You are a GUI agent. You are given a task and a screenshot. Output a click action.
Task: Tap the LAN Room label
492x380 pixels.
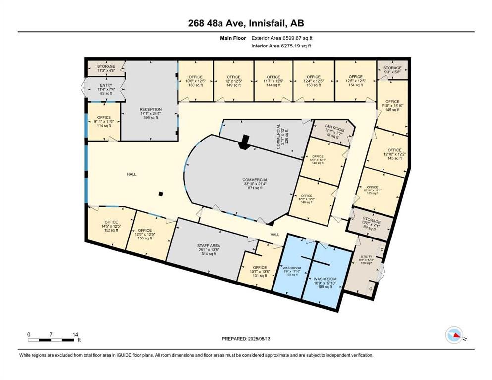click(x=334, y=131)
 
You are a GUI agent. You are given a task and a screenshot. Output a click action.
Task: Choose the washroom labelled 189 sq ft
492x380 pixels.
click(x=325, y=282)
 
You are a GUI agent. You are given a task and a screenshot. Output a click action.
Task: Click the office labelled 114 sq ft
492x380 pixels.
click(x=104, y=122)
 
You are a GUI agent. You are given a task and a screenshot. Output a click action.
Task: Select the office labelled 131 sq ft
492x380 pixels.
click(x=260, y=272)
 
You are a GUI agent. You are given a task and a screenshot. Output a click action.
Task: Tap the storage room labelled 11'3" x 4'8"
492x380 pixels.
click(x=106, y=68)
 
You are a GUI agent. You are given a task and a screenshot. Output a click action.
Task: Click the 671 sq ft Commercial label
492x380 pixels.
click(x=255, y=184)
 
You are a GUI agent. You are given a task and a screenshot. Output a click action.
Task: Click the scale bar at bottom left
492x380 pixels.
click(x=52, y=340)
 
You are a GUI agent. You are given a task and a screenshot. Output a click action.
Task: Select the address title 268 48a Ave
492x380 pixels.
click(x=246, y=22)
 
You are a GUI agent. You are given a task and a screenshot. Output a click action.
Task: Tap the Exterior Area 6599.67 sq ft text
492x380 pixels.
click(x=282, y=38)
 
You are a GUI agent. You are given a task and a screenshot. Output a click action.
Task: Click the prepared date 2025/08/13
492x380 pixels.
click(x=246, y=339)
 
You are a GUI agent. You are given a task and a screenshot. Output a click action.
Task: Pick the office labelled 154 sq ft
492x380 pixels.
click(x=355, y=80)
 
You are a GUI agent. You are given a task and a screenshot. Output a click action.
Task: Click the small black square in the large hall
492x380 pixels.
click(x=160, y=194)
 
